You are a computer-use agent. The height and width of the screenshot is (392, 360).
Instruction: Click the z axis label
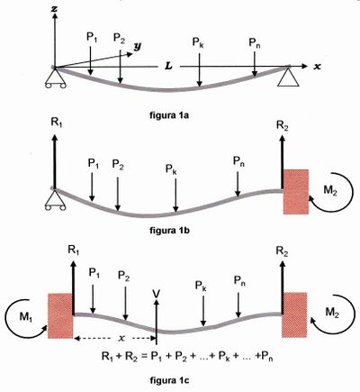point(54,9)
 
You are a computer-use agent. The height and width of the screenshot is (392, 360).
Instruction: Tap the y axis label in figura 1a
point(138,46)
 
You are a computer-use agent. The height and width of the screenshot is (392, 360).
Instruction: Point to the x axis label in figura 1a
point(317,67)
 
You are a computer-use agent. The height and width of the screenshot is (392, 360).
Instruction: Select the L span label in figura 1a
point(169,66)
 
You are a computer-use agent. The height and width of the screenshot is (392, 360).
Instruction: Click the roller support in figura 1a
point(56,78)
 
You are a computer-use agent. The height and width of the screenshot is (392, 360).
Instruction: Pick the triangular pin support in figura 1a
point(288,77)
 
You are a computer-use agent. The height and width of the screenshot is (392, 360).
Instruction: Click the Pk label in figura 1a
point(198,43)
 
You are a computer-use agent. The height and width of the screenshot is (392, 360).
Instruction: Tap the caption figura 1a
point(169,115)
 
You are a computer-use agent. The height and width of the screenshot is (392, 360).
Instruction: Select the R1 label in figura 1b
point(57,123)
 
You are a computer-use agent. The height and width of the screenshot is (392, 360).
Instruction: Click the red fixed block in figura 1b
point(296,192)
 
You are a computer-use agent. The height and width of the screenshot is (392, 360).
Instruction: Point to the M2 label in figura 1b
point(330,190)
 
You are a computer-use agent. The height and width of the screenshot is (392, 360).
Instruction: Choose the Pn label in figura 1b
point(238,161)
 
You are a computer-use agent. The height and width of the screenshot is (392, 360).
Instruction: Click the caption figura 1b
point(169,231)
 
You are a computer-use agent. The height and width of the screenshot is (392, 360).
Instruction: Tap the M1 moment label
point(25,317)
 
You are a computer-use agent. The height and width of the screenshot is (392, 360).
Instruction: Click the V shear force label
point(156,294)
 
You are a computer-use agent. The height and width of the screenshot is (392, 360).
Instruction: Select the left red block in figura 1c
point(60,316)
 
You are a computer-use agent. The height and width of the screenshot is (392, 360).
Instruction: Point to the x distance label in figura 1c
point(121,339)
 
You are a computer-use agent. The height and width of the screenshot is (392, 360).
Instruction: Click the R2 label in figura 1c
point(282,251)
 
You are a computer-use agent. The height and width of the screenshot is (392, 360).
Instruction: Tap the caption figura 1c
point(169,381)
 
